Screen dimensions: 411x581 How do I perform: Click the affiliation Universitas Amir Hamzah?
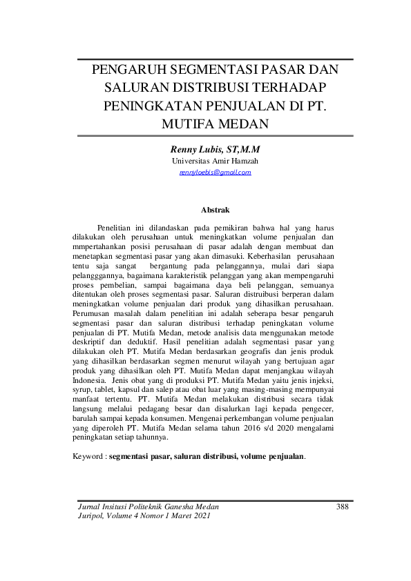click(215, 161)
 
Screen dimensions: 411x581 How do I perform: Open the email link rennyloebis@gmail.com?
click(215, 172)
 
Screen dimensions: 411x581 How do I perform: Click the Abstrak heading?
click(215, 208)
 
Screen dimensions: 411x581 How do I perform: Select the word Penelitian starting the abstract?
click(118, 226)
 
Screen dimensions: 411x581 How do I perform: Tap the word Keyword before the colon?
click(88, 457)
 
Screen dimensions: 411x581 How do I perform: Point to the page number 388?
click(342, 506)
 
